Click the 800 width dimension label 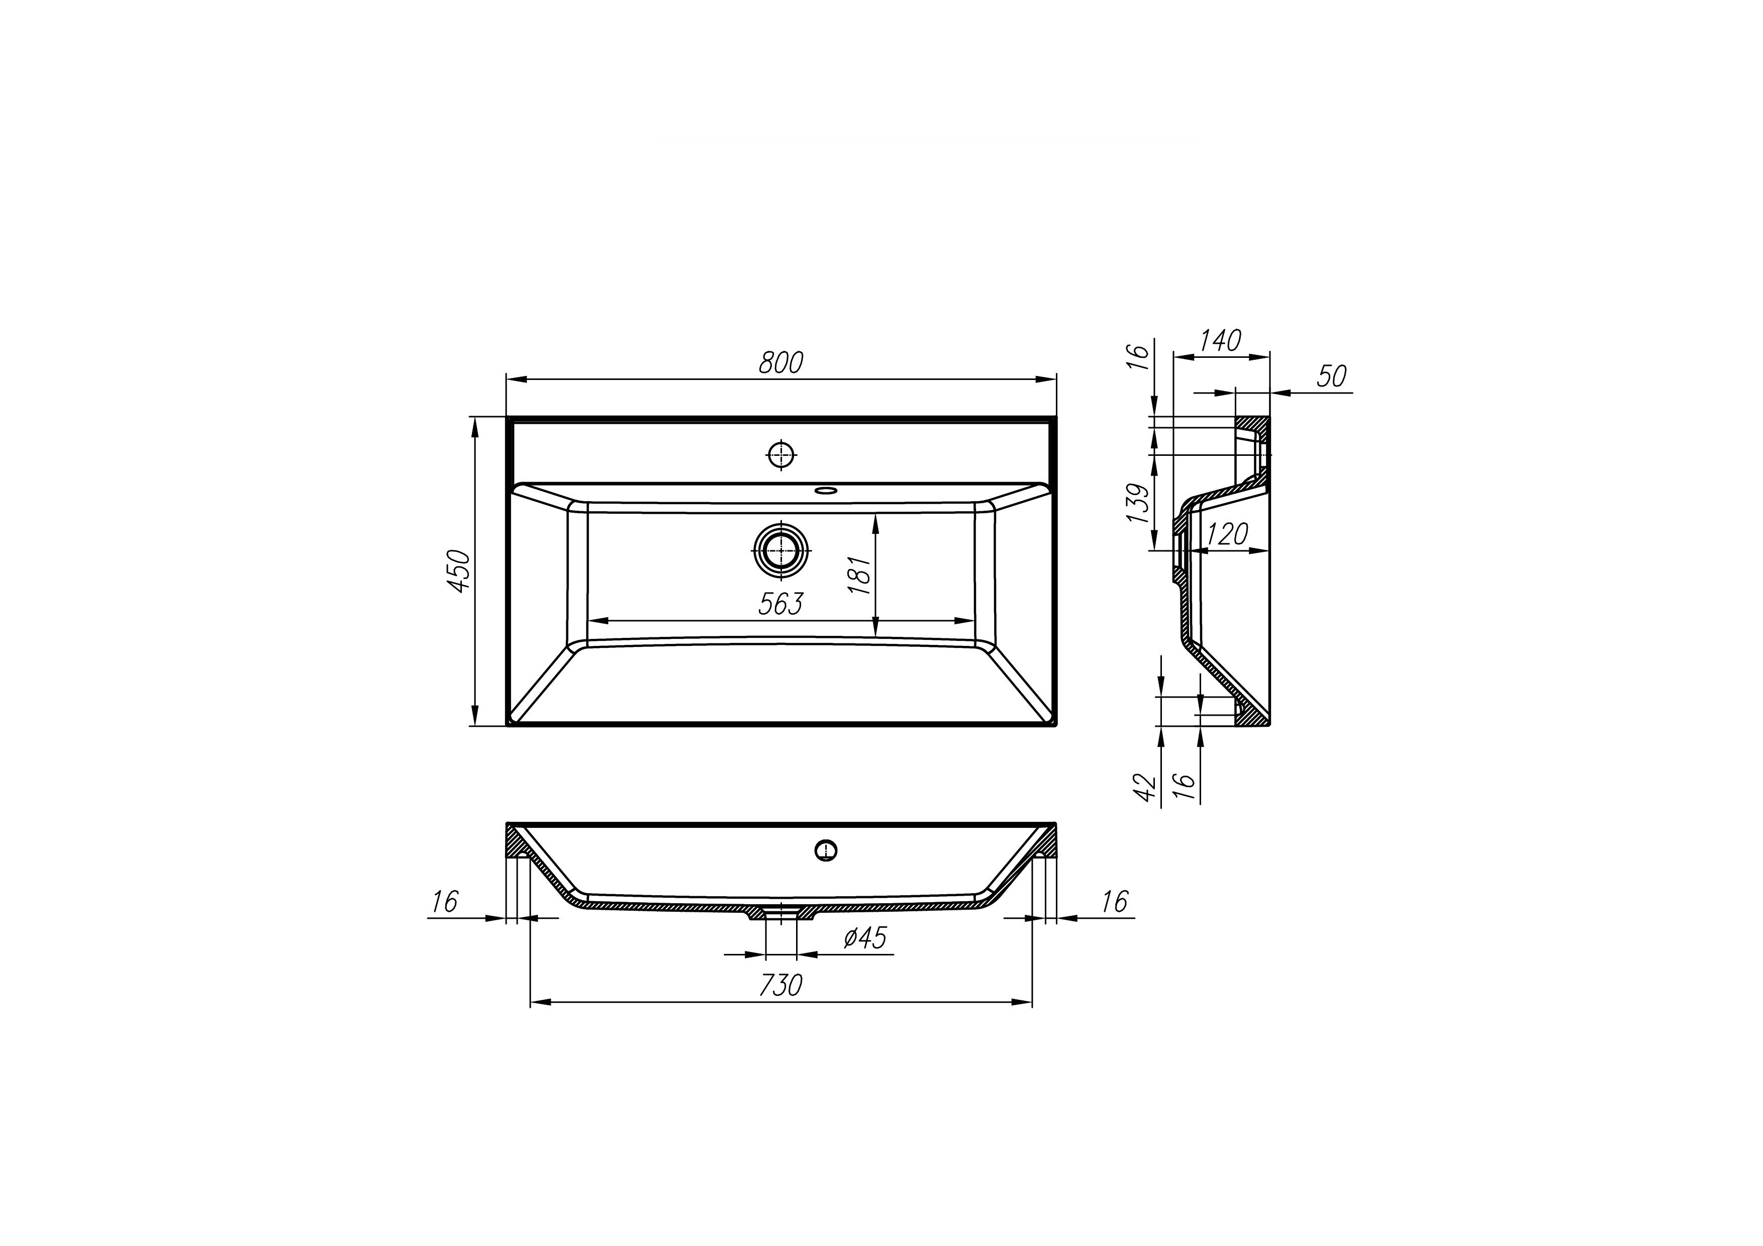[x=781, y=363]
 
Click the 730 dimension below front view [x=781, y=986]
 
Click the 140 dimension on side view [x=1220, y=341]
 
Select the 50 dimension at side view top [x=1332, y=377]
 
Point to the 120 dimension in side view [x=1227, y=534]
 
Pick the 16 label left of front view [x=445, y=901]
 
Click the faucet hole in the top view [x=781, y=455]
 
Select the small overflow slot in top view [x=827, y=489]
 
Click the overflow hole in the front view [x=825, y=850]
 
